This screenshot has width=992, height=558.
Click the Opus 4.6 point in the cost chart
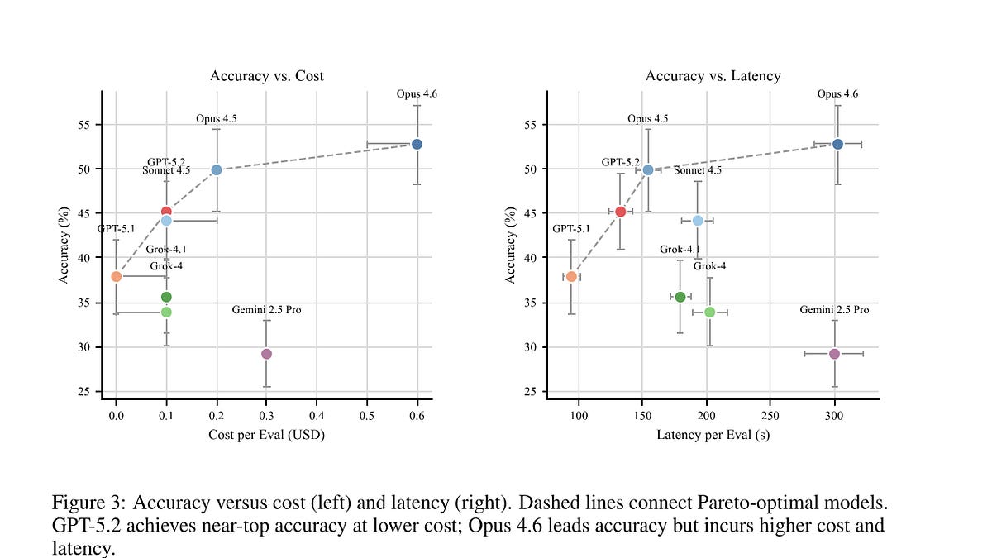click(x=417, y=145)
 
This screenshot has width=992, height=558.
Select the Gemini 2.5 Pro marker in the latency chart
click(x=834, y=354)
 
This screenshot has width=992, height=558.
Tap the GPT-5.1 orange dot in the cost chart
click(x=116, y=277)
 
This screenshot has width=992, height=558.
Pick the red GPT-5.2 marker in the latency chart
click(x=621, y=212)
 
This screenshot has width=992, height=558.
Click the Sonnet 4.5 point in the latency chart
click(x=698, y=221)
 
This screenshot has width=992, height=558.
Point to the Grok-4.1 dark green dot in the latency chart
click(x=680, y=297)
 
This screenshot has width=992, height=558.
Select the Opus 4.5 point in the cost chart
click(x=216, y=170)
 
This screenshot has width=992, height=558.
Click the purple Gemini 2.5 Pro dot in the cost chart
click(x=266, y=354)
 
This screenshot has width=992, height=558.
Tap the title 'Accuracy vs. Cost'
click(x=266, y=76)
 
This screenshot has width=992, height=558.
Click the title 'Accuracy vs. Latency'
click(x=713, y=76)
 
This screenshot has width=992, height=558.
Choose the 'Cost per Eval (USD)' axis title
click(x=266, y=435)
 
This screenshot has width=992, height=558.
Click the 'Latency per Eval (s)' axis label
click(x=713, y=435)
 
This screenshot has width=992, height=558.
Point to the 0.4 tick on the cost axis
click(x=316, y=416)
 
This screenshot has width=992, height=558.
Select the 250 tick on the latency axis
click(x=770, y=416)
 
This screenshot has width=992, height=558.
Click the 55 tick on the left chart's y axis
click(x=83, y=125)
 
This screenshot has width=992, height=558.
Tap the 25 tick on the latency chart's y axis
click(x=530, y=392)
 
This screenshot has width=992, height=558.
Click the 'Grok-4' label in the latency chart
click(x=709, y=266)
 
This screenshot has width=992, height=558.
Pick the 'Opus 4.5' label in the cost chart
click(x=216, y=119)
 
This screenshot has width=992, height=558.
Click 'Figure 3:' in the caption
click(x=89, y=503)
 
